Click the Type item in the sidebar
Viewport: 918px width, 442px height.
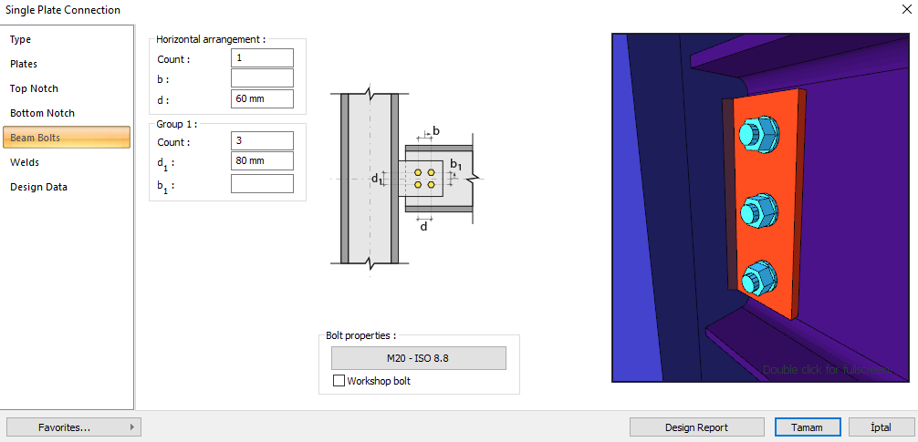point(21,39)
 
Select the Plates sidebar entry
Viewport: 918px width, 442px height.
point(24,64)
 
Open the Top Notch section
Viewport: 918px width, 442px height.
point(34,88)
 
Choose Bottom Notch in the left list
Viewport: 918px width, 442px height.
point(42,113)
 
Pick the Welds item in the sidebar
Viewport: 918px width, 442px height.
point(25,162)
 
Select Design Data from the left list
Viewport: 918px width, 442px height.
point(38,187)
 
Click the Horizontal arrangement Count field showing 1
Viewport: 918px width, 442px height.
point(262,58)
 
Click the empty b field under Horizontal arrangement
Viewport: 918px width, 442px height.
point(262,78)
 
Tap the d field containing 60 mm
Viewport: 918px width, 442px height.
point(262,99)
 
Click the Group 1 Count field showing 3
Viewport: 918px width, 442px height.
point(262,141)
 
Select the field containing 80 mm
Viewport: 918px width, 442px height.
point(262,161)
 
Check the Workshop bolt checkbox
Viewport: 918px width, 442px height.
point(339,381)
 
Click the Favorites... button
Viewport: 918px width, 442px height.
point(73,427)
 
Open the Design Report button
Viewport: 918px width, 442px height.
point(696,427)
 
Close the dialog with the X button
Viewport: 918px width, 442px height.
point(903,10)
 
